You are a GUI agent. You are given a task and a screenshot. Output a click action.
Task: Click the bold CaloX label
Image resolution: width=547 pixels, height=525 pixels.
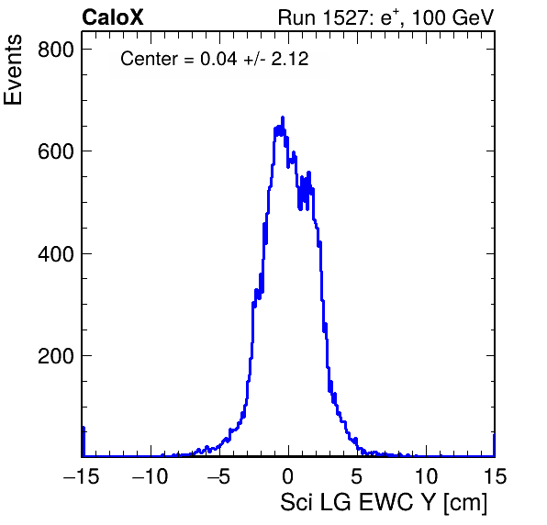point(113,17)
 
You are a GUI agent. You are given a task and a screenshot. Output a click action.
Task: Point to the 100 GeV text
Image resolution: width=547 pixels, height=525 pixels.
point(453,17)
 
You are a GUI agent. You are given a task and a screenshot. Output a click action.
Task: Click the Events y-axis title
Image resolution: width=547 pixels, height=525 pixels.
point(13,70)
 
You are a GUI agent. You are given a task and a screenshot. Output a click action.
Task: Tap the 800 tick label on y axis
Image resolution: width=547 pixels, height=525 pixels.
point(56,50)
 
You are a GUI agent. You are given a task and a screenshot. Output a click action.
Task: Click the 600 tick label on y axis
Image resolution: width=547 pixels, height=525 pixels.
point(56,151)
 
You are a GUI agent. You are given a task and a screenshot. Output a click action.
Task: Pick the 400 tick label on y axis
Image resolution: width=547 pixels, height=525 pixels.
point(56,254)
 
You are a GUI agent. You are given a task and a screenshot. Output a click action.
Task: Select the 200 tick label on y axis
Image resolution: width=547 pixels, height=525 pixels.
point(56,356)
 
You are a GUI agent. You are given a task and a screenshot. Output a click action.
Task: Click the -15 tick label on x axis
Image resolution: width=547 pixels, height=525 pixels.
point(82,475)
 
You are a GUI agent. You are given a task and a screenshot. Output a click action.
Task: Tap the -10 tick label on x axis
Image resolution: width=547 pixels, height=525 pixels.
point(151,475)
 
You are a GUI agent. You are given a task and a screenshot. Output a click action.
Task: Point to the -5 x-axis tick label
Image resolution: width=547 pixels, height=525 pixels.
point(219,475)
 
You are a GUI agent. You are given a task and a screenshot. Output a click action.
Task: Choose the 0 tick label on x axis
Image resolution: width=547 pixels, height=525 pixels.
point(288,475)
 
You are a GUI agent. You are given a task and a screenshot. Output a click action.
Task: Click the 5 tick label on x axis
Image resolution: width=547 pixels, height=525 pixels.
point(356,475)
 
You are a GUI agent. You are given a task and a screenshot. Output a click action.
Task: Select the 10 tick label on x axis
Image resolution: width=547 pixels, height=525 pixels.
point(426,475)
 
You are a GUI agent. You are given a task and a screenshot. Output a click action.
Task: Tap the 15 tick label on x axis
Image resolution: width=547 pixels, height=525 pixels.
point(495,475)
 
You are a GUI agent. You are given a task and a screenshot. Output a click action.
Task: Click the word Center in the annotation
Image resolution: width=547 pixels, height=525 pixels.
point(150,59)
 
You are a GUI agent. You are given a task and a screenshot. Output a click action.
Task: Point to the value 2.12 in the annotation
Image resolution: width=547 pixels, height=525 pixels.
point(290,59)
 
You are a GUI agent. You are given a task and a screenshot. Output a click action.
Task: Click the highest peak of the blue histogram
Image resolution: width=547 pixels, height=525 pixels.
point(283,117)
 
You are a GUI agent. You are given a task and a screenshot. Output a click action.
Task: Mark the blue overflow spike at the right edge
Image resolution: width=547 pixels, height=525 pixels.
point(494,445)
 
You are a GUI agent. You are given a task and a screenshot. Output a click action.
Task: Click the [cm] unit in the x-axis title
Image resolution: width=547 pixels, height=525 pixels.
point(465,503)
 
